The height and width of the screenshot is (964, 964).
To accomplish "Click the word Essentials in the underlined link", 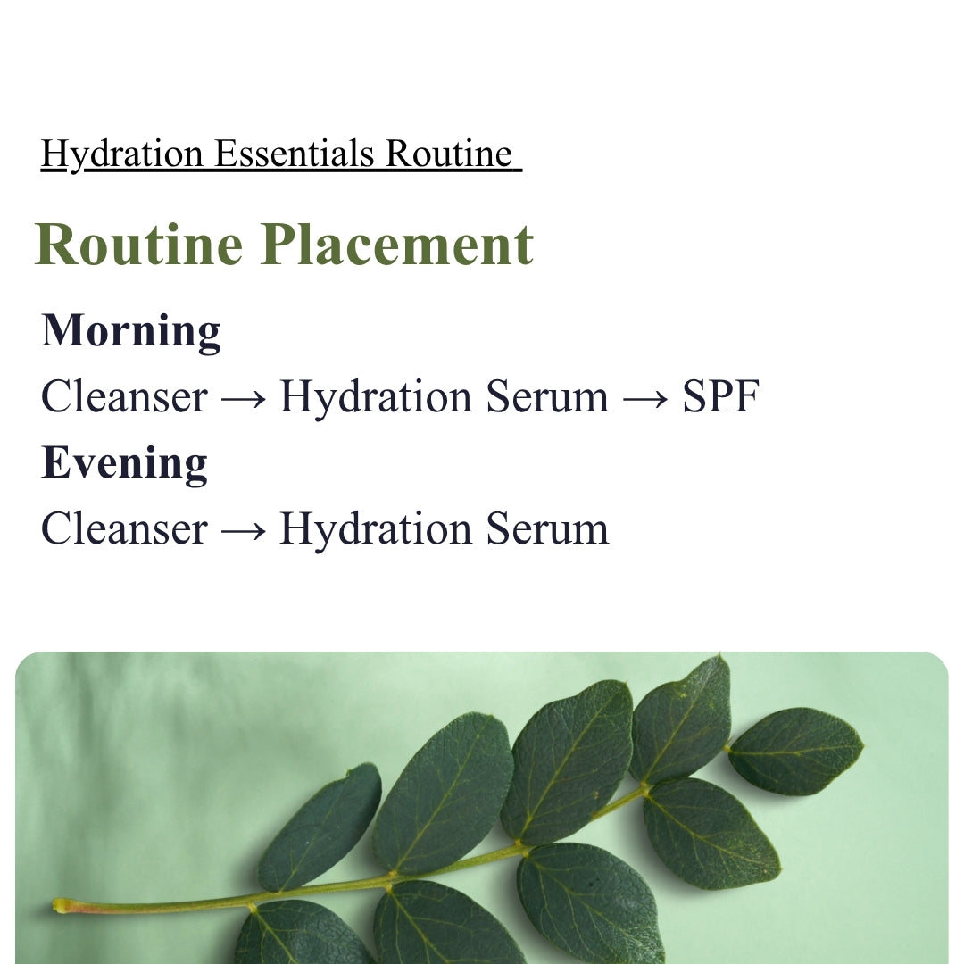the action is pyautogui.click(x=295, y=154).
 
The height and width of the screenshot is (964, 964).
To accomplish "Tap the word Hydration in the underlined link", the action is pyautogui.click(x=121, y=154).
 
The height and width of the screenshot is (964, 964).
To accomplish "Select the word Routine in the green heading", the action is pyautogui.click(x=139, y=244).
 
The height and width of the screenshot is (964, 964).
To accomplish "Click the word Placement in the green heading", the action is pyautogui.click(x=396, y=244).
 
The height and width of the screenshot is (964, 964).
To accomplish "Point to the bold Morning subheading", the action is pyautogui.click(x=131, y=331).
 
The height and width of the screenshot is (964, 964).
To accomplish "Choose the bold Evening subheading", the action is pyautogui.click(x=124, y=463).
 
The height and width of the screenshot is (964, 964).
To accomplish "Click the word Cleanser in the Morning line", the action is pyautogui.click(x=124, y=396).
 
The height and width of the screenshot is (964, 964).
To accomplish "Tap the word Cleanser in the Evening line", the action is pyautogui.click(x=124, y=528).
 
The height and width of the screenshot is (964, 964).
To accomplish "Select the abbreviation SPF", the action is pyautogui.click(x=721, y=396).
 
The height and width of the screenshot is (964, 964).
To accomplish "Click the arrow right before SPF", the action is pyautogui.click(x=645, y=399).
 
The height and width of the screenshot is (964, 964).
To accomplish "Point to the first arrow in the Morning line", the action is pyautogui.click(x=244, y=399).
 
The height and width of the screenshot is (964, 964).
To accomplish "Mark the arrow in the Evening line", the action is pyautogui.click(x=244, y=531).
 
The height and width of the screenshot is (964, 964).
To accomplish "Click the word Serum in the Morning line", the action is pyautogui.click(x=547, y=396).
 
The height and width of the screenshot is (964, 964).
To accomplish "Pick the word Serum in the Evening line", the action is pyautogui.click(x=547, y=528).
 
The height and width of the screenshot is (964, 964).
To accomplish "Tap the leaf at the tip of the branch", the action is pyautogui.click(x=795, y=751).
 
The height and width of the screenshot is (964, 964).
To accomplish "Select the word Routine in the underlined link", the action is pyautogui.click(x=449, y=154).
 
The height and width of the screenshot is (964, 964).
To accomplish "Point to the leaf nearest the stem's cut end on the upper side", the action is pyautogui.click(x=320, y=827).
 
